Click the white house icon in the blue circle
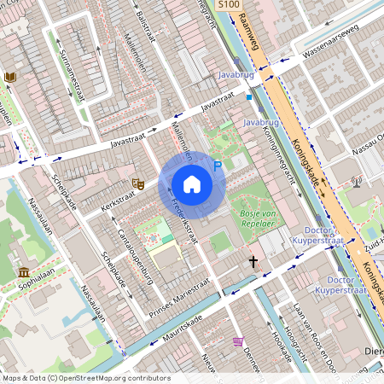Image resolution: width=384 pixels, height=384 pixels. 192,184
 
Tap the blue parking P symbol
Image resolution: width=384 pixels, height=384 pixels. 218,166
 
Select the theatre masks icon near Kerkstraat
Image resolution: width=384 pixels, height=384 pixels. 136,183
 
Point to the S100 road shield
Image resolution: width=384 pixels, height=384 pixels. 228,5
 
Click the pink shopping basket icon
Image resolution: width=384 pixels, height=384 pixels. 238,342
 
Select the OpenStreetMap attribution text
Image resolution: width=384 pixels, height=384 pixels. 85,377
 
